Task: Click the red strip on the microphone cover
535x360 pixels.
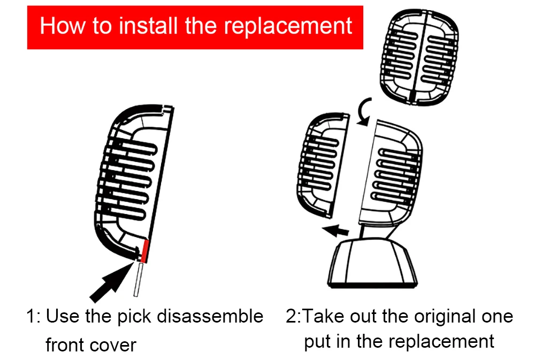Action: pyautogui.click(x=145, y=251)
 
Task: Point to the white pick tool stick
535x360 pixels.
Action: pyautogui.click(x=137, y=279)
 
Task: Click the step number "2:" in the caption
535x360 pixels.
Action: pyautogui.click(x=294, y=317)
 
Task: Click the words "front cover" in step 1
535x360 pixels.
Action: pyautogui.click(x=91, y=345)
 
